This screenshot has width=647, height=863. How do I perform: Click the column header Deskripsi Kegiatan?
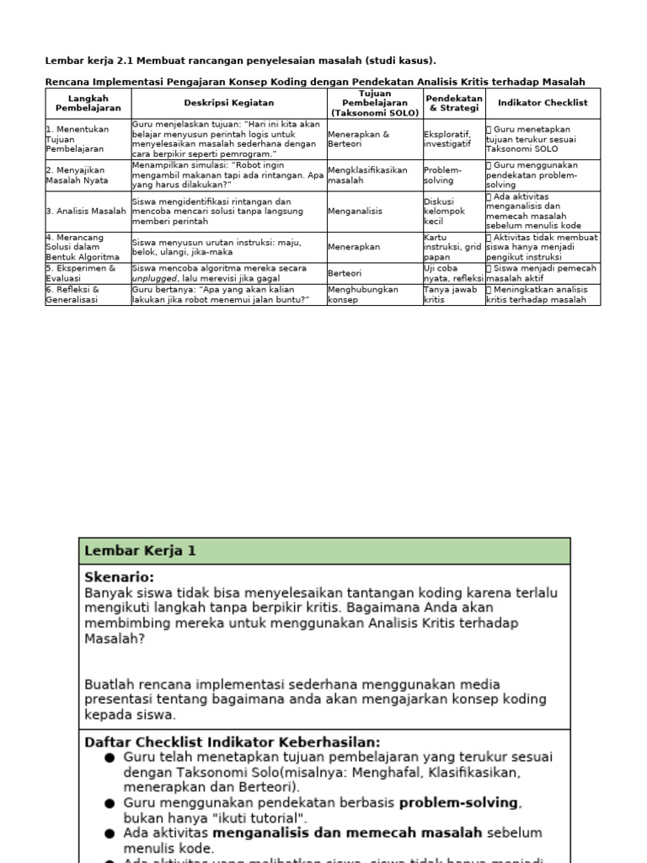point(228,103)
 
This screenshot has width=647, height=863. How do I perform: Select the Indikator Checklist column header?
point(543,103)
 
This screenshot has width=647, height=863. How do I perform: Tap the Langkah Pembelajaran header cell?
point(88,103)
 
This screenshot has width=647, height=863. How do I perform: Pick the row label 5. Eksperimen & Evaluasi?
point(81,273)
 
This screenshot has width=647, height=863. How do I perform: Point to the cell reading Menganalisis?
point(354,212)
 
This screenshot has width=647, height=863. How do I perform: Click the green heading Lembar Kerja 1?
point(140,551)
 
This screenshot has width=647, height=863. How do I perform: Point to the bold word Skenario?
point(119,577)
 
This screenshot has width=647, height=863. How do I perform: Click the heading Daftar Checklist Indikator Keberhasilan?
point(232,742)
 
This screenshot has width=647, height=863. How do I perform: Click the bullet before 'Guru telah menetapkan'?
point(110,757)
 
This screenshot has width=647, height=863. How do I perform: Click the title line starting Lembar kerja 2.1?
point(240,61)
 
